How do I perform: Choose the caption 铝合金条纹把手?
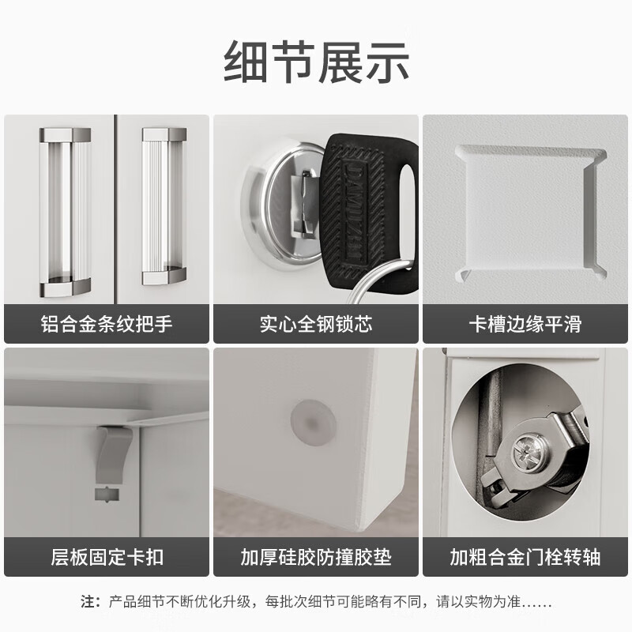click(106, 324)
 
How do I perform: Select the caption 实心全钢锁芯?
click(316, 324)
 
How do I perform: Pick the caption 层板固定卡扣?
click(106, 557)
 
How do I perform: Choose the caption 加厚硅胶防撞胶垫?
click(316, 557)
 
